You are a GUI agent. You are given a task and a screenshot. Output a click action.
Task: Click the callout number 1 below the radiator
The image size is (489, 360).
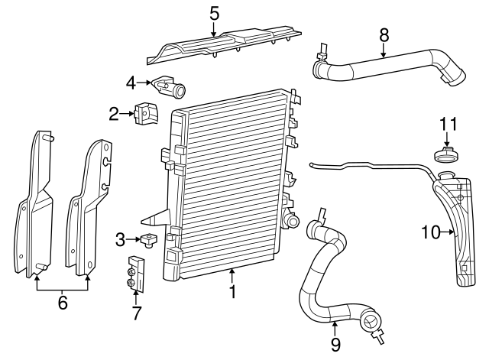click(x=231, y=291)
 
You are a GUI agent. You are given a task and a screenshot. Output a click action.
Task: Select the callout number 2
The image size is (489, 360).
click(x=114, y=115)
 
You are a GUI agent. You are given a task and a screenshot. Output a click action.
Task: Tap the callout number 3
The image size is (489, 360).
click(x=120, y=240)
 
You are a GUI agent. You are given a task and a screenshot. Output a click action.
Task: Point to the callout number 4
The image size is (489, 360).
click(x=131, y=83)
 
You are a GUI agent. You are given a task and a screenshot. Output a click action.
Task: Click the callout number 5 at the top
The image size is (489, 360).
click(x=214, y=13)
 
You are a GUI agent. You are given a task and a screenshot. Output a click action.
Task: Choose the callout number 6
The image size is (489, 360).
click(x=63, y=303)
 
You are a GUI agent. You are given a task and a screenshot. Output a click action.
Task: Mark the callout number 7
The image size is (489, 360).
click(x=136, y=313)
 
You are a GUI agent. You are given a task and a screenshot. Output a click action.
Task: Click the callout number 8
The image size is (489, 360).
click(x=384, y=34)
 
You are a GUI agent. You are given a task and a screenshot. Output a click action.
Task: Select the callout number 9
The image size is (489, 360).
click(x=335, y=345)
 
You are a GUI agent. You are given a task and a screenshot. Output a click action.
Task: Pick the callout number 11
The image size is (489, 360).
click(x=447, y=124)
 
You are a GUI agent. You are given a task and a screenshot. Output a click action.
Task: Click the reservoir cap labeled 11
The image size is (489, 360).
click(x=446, y=155)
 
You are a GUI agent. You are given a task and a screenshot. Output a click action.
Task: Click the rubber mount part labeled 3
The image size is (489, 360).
click(x=148, y=242)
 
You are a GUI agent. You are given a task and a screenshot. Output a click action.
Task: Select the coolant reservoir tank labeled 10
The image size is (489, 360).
click(x=456, y=229)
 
